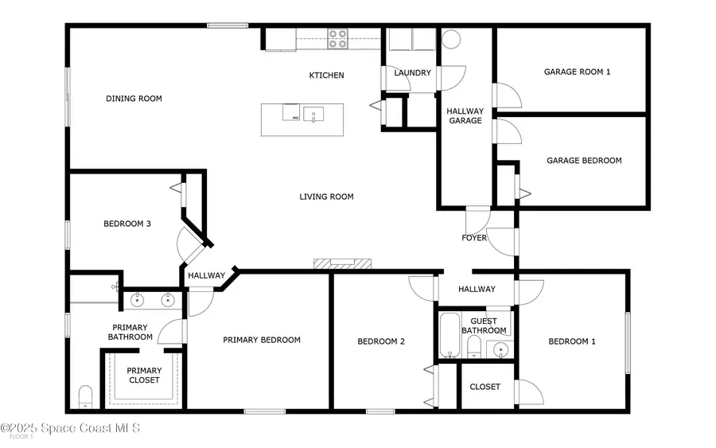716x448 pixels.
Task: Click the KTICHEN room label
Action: [326, 76]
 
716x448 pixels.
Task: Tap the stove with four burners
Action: [337, 39]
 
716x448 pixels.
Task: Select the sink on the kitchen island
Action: [313, 114]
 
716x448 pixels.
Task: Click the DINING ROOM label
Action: [134, 98]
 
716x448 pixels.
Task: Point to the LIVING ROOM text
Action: [326, 197]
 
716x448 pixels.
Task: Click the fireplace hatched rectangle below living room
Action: [342, 263]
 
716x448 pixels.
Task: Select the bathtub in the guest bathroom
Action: [449, 335]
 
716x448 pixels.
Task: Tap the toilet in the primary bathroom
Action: [85, 397]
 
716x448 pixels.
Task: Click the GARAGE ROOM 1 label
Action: [578, 72]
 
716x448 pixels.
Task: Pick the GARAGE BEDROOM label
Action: [584, 160]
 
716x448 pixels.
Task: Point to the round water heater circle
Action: [451, 39]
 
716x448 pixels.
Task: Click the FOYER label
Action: [474, 238]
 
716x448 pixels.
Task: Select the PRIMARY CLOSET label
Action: [144, 376]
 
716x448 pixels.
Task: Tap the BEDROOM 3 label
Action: [127, 224]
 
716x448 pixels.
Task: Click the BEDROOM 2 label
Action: [381, 341]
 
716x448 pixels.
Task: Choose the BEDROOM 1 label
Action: [572, 341]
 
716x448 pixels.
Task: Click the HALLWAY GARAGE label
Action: [465, 116]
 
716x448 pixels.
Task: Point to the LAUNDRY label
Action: [412, 72]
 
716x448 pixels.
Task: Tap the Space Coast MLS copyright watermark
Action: [70, 428]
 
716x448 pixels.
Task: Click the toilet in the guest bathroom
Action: [474, 347]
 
